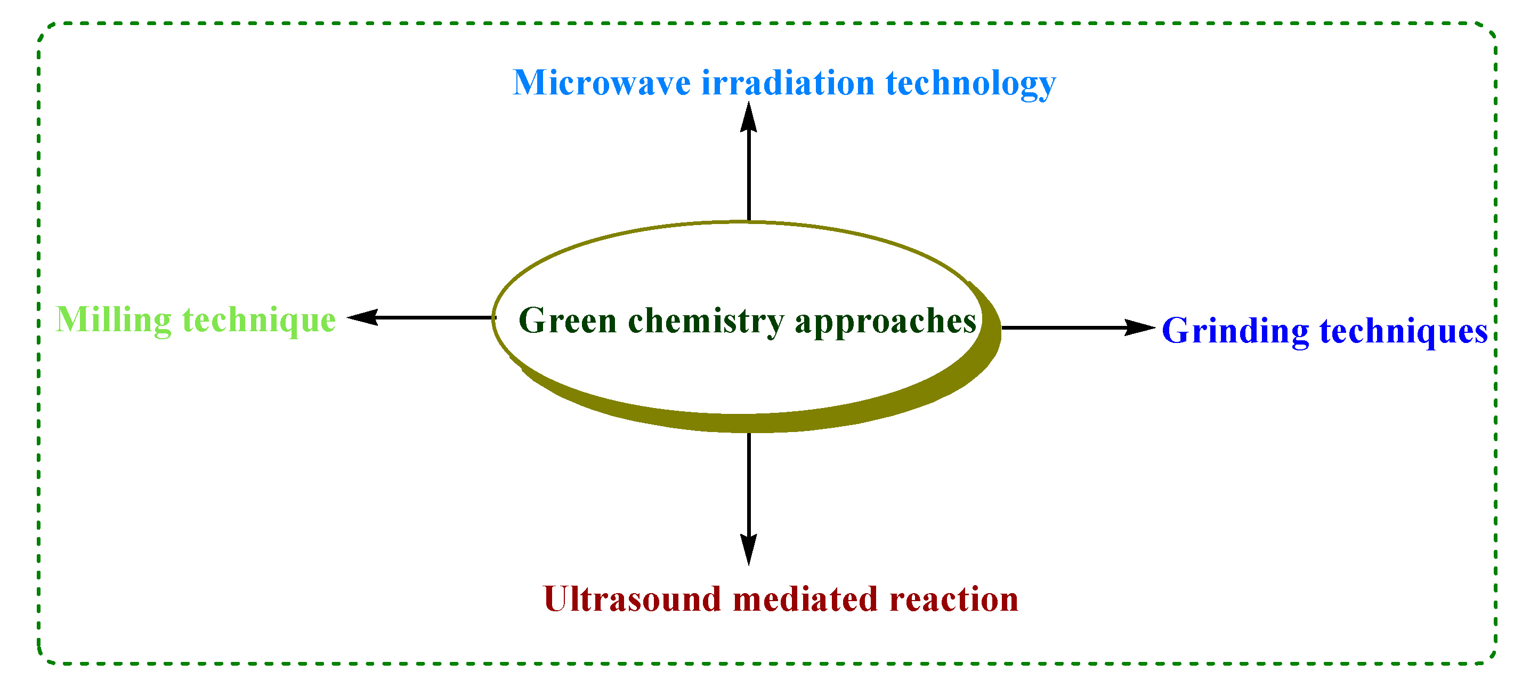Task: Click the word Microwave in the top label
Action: tap(601, 83)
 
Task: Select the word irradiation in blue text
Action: tap(788, 83)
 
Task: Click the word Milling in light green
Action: tap(113, 321)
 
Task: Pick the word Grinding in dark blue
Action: tap(1235, 331)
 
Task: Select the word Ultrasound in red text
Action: tap(632, 600)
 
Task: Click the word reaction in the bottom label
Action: tap(953, 600)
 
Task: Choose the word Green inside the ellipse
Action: tap(567, 321)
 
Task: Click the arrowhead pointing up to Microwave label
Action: tap(749, 118)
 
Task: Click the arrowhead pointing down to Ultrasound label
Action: tap(749, 549)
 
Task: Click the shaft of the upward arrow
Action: tap(749, 178)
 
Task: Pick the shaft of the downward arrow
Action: tap(749, 485)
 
